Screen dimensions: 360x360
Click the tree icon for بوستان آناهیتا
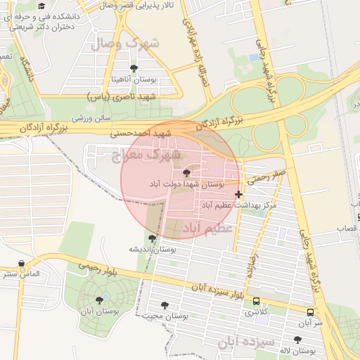point(134,68)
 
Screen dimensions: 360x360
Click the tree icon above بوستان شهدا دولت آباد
point(186,173)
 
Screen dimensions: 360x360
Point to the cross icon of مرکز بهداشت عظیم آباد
point(239,194)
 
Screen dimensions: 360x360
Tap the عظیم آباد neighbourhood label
point(207,229)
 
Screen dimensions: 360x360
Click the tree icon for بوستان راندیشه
point(152,239)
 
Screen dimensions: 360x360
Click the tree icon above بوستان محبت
point(165,305)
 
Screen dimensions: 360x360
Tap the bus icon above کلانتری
point(256,301)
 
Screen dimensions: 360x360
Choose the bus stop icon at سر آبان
point(310,311)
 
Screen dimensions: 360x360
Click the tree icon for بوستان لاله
point(297,340)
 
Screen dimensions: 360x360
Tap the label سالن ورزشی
point(89,117)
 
